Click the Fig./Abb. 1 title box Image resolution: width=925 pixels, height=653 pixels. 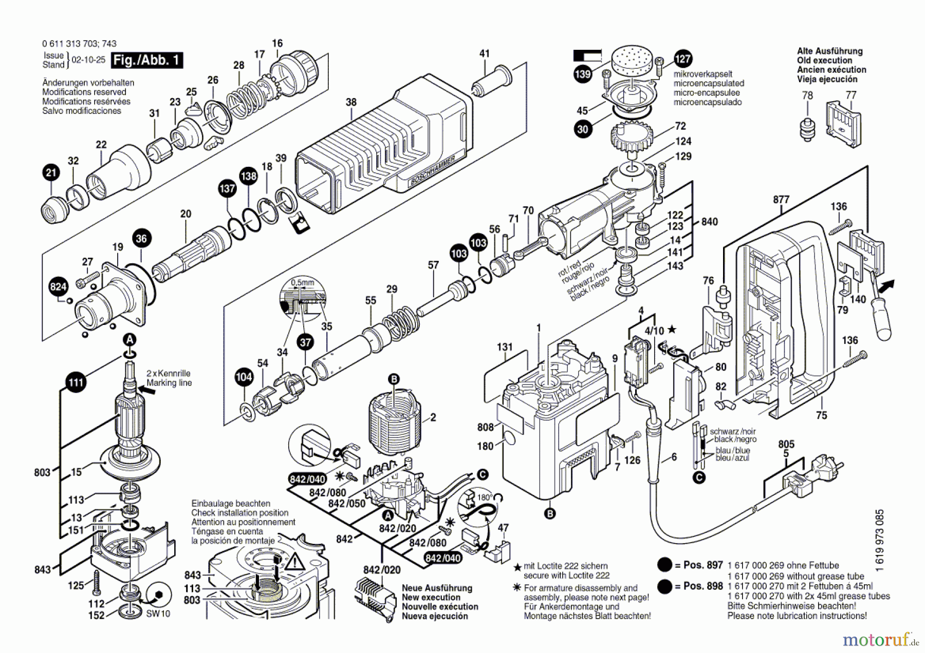[x=147, y=60]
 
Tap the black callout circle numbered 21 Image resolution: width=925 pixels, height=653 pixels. [x=50, y=172]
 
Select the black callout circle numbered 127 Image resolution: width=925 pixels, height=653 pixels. [x=682, y=59]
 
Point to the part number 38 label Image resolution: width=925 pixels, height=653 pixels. [x=351, y=102]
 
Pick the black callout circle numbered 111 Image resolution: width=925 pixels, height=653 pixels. [x=76, y=382]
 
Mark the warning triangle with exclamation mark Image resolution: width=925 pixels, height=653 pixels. [x=295, y=563]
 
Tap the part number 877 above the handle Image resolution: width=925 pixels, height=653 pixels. [x=781, y=200]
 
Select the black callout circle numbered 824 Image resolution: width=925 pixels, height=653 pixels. [x=59, y=286]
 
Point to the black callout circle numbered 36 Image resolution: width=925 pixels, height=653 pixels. [x=141, y=238]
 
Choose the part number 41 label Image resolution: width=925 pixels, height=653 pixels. [x=485, y=53]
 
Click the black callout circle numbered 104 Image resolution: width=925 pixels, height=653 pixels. [x=244, y=377]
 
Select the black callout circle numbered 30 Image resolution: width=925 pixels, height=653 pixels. [x=582, y=129]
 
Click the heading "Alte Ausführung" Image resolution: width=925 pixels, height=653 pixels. [x=829, y=51]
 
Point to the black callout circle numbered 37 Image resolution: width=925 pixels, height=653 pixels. [x=305, y=342]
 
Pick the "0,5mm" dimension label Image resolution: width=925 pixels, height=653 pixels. [x=302, y=282]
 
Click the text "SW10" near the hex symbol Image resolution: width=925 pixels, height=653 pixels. [x=158, y=613]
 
